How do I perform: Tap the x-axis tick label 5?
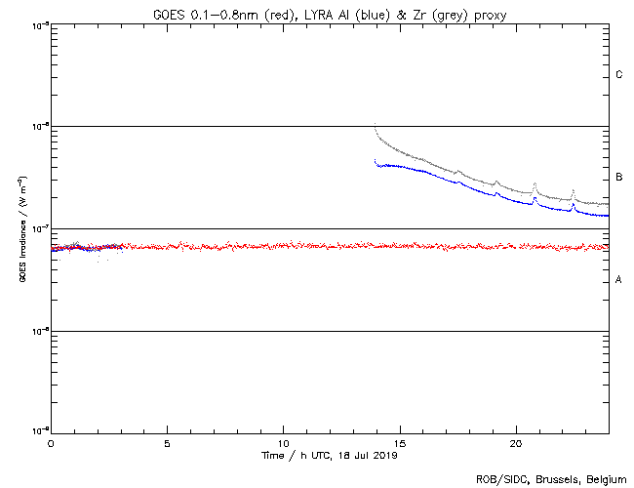point(167,443)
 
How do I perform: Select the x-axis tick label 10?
point(283,443)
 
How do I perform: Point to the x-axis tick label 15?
point(400,443)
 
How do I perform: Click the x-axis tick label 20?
point(516,443)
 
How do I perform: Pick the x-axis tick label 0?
point(51,443)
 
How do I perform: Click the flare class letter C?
point(619,75)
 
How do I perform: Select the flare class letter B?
point(619,178)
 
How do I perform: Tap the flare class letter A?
point(619,280)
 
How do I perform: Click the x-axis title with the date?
point(330,455)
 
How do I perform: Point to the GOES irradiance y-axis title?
point(21,229)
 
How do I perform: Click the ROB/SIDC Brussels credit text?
point(550,479)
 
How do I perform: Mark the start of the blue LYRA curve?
point(376,161)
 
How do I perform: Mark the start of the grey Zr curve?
point(376,125)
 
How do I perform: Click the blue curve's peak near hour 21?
point(535,199)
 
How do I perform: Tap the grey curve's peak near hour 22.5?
point(573,190)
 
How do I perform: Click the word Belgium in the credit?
point(605,479)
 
